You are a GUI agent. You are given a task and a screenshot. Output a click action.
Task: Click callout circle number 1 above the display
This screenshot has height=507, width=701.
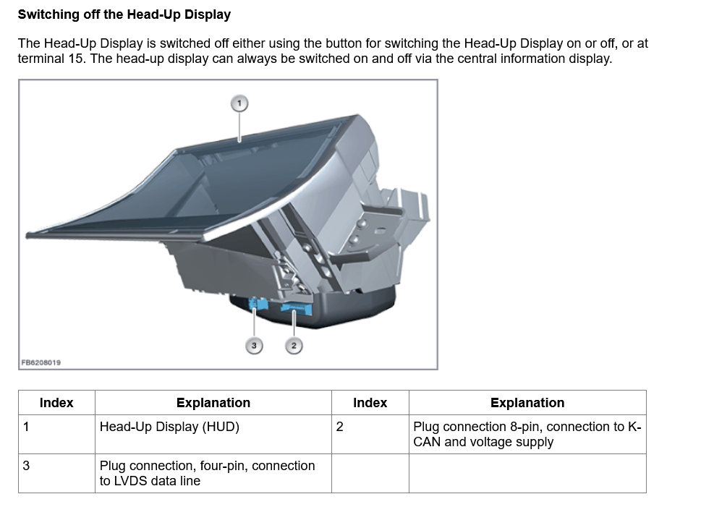point(239,103)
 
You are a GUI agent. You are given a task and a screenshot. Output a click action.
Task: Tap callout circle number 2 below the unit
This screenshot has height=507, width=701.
point(293,346)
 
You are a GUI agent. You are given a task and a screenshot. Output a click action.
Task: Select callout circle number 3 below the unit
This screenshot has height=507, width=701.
point(253,346)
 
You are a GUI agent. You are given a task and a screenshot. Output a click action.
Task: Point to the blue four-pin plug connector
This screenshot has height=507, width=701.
point(255,304)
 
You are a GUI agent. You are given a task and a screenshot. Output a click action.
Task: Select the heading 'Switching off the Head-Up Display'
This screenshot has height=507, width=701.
point(124,14)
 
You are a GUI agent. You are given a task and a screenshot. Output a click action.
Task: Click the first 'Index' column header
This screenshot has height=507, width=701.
point(56,403)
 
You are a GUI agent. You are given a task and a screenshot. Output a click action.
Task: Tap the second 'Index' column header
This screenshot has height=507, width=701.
point(370,403)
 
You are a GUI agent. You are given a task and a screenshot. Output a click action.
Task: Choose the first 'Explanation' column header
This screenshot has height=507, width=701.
point(213,403)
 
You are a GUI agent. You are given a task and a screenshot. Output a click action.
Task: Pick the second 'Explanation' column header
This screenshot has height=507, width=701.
point(527,403)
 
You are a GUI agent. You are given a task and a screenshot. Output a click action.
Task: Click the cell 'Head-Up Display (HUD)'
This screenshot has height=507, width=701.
point(169,427)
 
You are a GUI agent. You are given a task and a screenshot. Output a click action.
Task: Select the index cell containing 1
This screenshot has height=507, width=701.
point(26,427)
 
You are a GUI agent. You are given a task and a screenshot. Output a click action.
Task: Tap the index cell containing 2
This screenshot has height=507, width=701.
point(340,427)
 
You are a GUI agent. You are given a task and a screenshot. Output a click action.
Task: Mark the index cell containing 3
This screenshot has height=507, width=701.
point(26,466)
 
